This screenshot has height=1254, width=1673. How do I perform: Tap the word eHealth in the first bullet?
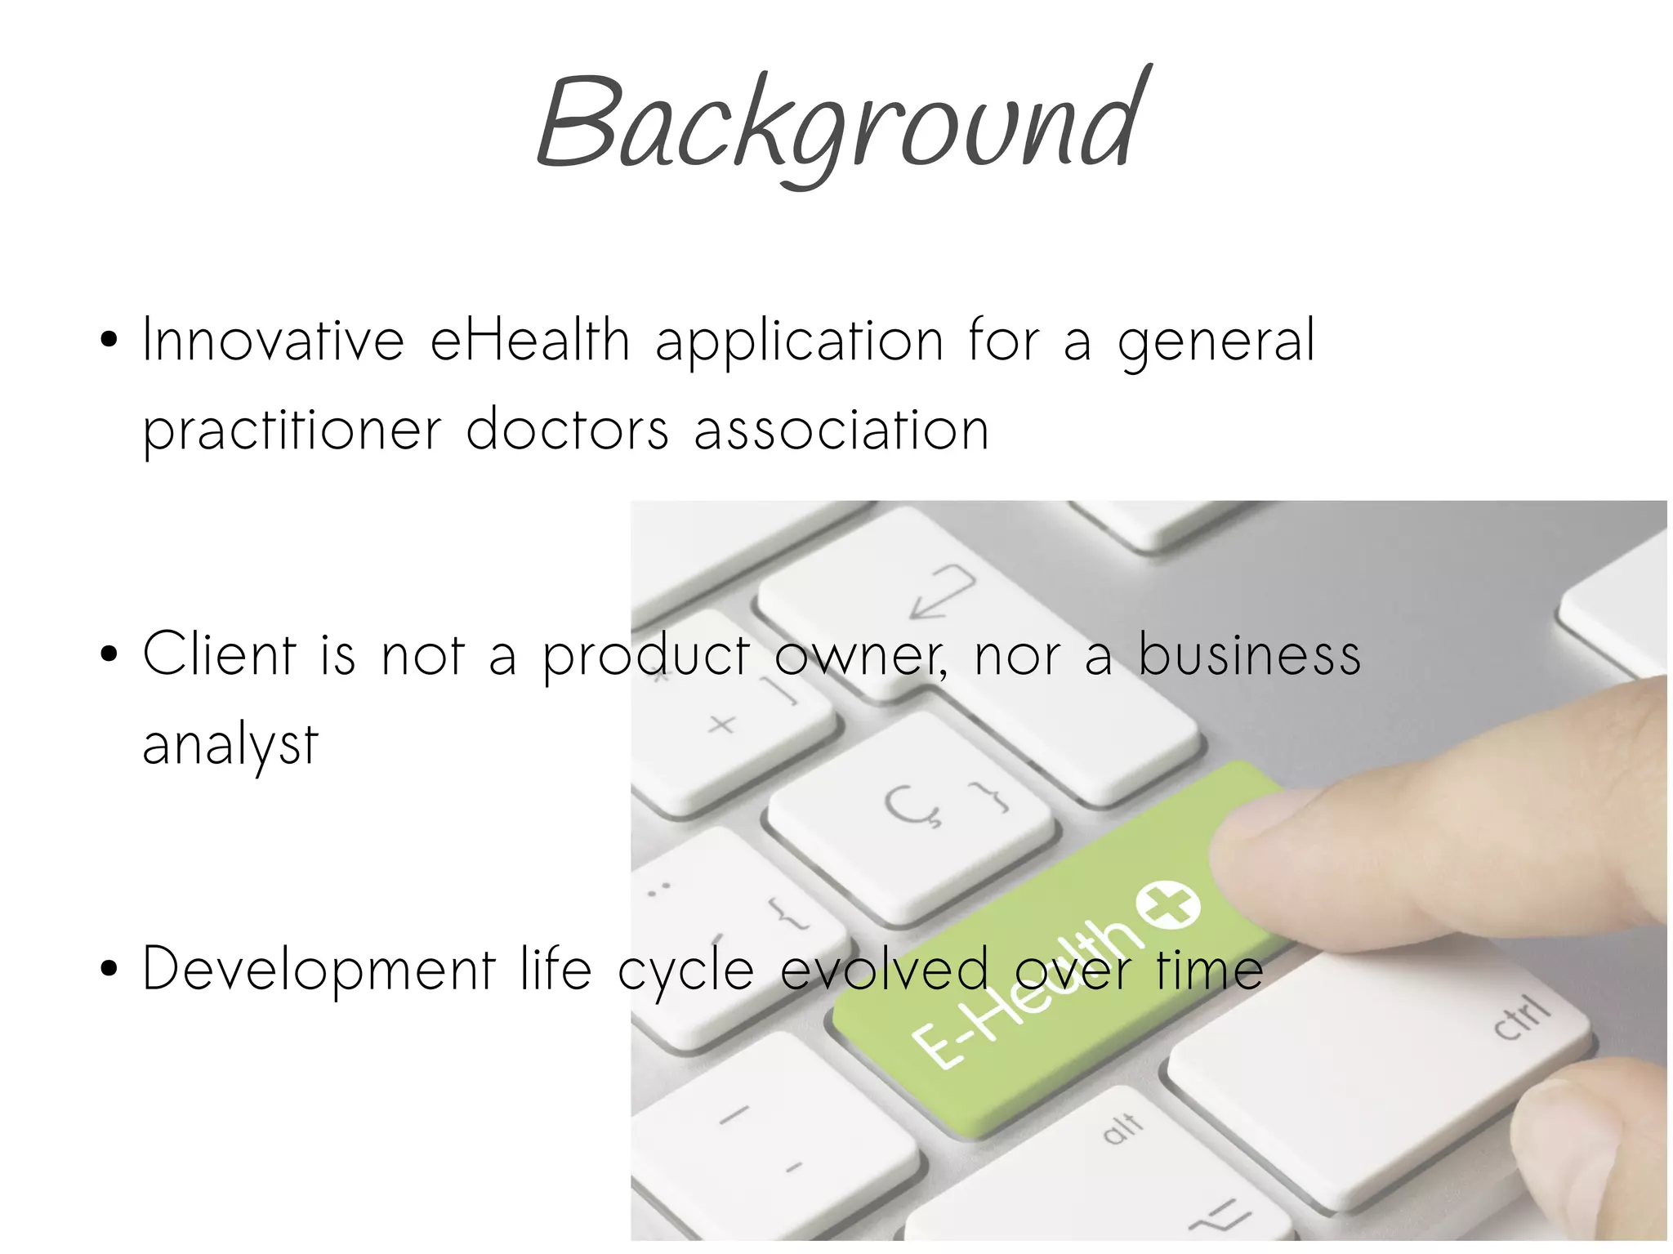coord(529,341)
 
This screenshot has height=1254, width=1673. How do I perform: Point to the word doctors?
coord(567,430)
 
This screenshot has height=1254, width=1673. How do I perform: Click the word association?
coord(841,430)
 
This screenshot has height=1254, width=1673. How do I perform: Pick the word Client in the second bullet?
coord(219,655)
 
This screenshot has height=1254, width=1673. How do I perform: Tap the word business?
coord(1250,655)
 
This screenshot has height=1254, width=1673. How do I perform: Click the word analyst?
coord(230,746)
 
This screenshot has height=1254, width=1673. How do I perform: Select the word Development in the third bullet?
coord(319,970)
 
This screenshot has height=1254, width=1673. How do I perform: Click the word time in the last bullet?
coord(1210,970)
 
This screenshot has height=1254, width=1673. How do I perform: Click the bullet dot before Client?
coord(109,654)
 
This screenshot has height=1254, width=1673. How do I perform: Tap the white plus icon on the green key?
coord(1169,904)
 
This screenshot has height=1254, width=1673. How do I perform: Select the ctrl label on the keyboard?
coord(1521,1019)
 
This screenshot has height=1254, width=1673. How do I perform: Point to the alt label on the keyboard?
coord(1122,1127)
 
